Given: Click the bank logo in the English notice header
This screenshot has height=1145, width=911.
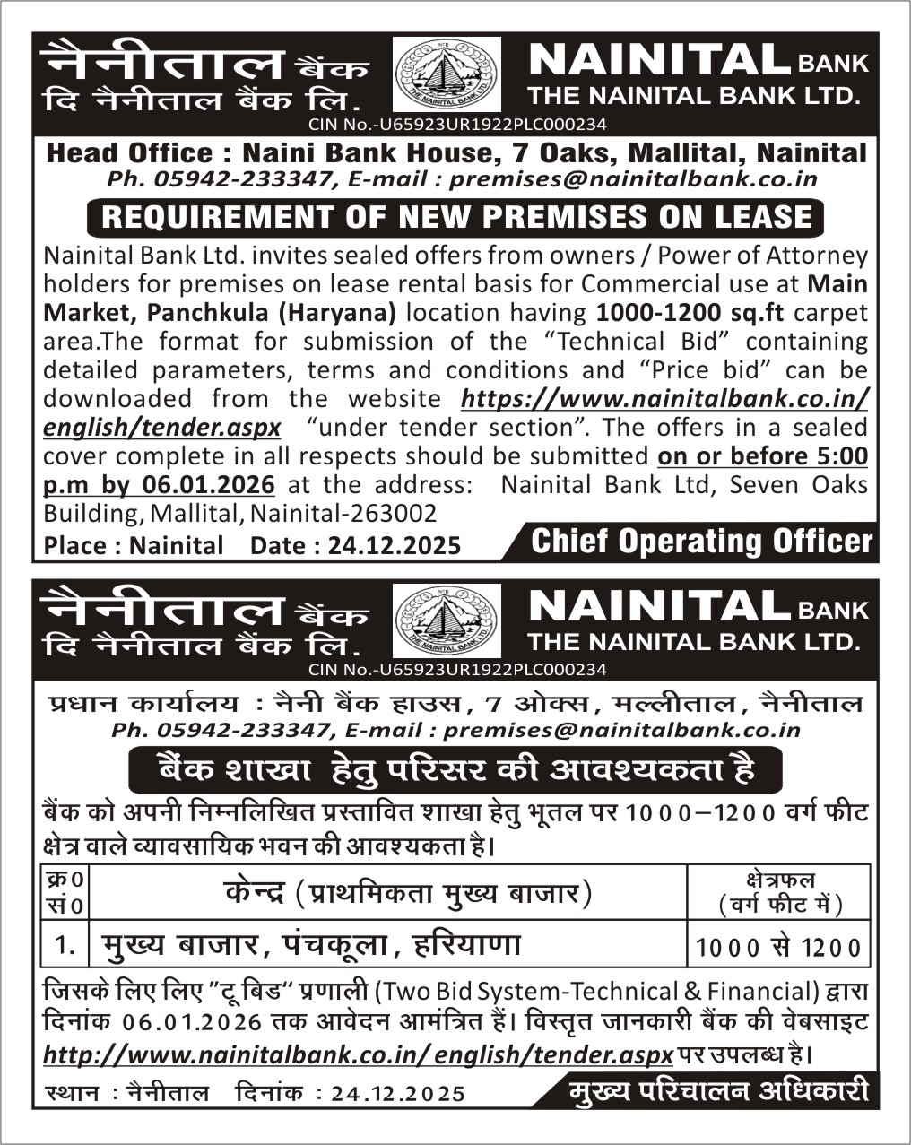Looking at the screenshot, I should pos(447,74).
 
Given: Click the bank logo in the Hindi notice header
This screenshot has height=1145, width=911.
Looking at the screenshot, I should pos(447,620).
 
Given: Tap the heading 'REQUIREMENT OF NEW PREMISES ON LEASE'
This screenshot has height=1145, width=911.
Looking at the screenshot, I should pos(457,217).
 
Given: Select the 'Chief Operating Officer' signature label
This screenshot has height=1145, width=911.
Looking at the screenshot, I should pos(701,542).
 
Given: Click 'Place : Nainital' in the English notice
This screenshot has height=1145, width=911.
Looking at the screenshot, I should pos(134,545).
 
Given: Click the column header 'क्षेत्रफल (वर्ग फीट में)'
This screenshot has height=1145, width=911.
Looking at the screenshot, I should pos(779,893).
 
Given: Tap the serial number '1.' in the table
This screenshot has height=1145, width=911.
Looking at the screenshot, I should pos(65,945).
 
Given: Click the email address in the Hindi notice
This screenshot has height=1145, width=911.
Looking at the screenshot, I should pos(621,730).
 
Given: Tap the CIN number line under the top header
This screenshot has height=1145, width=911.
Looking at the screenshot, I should pos(457,125).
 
